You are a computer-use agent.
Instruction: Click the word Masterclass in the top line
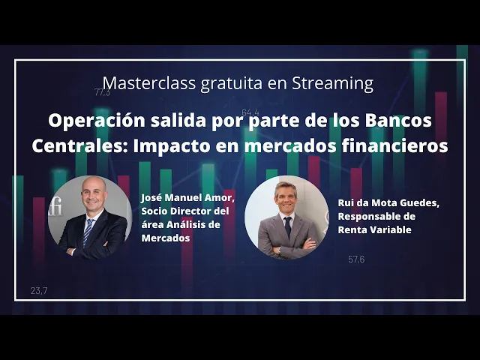(x=149, y=82)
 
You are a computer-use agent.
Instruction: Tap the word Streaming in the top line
(x=333, y=83)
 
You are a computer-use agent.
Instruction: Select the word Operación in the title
(x=97, y=121)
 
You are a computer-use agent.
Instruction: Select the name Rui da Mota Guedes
(x=388, y=203)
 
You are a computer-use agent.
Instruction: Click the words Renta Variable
(x=375, y=229)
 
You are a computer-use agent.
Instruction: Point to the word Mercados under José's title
(x=166, y=238)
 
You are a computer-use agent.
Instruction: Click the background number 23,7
(x=39, y=290)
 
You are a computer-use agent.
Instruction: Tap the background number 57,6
(x=356, y=259)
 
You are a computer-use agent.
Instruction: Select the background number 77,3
(x=102, y=92)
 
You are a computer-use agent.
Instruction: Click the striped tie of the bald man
(x=88, y=232)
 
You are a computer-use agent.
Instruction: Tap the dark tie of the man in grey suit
(x=288, y=226)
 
